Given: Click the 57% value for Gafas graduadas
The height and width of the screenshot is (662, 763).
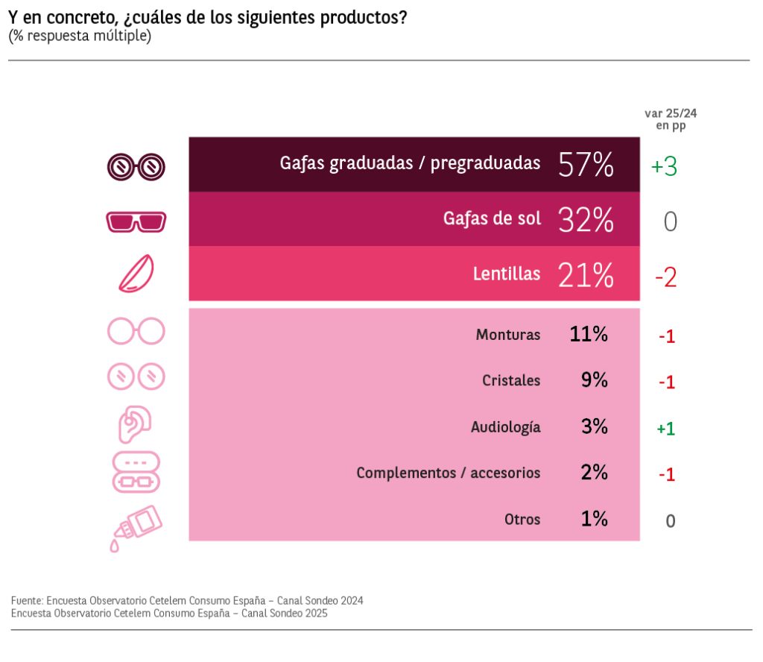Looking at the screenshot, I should pyautogui.click(x=586, y=165).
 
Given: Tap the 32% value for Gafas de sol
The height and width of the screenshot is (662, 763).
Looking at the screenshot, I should pyautogui.click(x=586, y=220).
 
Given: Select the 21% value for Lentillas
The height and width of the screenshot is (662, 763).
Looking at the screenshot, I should pyautogui.click(x=586, y=274).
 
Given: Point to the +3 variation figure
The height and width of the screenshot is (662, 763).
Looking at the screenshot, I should pyautogui.click(x=664, y=166).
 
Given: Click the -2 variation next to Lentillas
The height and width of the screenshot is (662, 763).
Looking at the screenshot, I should pyautogui.click(x=665, y=278).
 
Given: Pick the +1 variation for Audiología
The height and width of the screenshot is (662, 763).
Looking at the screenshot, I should pyautogui.click(x=665, y=429).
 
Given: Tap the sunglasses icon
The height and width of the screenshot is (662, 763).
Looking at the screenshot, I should pyautogui.click(x=136, y=221).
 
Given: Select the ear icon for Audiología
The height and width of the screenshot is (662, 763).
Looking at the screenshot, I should pyautogui.click(x=135, y=424).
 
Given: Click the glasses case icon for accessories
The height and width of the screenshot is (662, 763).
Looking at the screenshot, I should pyautogui.click(x=136, y=472).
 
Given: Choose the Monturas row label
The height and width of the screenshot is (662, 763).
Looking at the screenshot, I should pyautogui.click(x=508, y=335).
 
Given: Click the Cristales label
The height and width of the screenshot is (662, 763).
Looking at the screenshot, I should pyautogui.click(x=511, y=380).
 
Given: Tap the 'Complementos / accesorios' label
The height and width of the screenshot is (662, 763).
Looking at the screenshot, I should pyautogui.click(x=448, y=473).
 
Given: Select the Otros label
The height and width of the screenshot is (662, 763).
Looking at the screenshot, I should pyautogui.click(x=522, y=520).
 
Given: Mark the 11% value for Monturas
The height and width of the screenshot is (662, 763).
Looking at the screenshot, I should pyautogui.click(x=589, y=334).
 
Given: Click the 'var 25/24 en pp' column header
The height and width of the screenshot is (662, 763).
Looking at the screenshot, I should pyautogui.click(x=671, y=119).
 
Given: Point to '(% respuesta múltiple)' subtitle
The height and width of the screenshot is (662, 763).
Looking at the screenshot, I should pyautogui.click(x=80, y=36).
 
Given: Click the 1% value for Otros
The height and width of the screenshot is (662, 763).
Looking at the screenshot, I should pyautogui.click(x=594, y=519).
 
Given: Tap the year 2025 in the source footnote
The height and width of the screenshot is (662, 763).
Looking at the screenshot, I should pyautogui.click(x=315, y=614).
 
